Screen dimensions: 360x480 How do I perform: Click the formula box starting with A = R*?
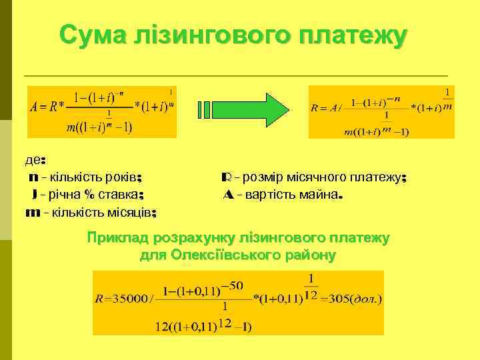tap(102, 111)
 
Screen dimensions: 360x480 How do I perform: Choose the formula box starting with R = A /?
tap(381, 111)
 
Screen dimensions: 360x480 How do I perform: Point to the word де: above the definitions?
tap(35, 161)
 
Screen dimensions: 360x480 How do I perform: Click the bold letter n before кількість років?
tap(33, 178)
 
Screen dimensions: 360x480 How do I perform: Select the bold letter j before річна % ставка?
tap(34, 195)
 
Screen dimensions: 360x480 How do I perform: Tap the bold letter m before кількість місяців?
tap(31, 213)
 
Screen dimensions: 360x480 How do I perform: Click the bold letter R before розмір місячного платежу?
tap(226, 178)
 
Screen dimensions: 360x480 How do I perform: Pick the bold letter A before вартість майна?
tap(228, 195)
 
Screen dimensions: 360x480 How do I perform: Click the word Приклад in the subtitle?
tap(118, 238)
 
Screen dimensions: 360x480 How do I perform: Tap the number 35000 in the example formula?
tap(129, 299)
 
